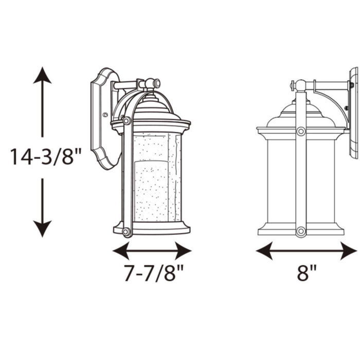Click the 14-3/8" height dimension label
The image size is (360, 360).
click(46, 156)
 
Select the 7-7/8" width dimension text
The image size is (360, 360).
click(153, 273)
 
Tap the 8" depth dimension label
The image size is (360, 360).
click(307, 273)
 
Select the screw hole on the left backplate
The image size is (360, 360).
click(105, 116)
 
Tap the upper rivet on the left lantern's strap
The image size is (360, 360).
click(127, 121)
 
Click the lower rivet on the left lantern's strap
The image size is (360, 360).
click(125, 231)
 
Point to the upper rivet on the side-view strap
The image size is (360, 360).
click(301, 132)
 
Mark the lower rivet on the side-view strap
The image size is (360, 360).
click(301, 231)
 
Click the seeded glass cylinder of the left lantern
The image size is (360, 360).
click(154, 177)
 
